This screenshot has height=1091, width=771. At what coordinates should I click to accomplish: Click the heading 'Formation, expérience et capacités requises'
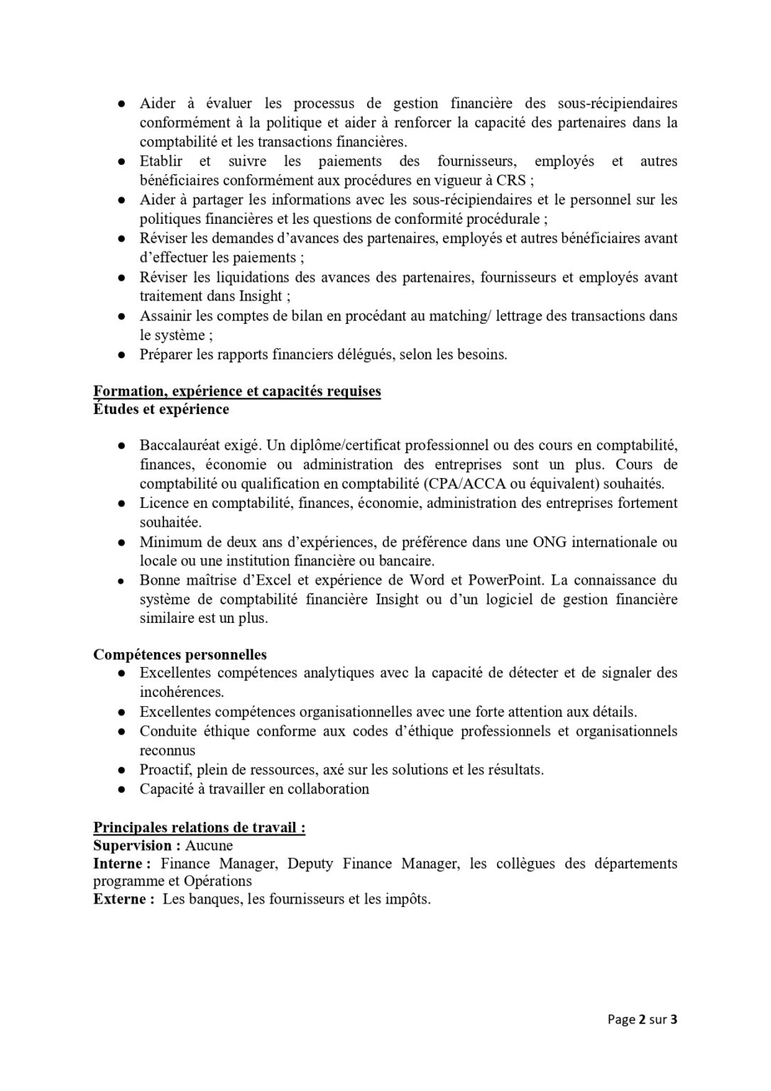click(237, 391)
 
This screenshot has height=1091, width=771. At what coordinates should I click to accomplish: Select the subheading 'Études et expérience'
click(161, 409)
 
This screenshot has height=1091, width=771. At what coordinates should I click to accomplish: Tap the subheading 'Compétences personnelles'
click(180, 655)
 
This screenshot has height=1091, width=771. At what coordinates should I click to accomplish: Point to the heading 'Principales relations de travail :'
click(199, 827)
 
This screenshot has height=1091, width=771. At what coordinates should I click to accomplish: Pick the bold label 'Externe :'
click(124, 899)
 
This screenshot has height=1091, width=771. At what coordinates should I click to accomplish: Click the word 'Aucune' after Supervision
click(209, 846)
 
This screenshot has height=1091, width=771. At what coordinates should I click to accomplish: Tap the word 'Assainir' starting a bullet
click(164, 316)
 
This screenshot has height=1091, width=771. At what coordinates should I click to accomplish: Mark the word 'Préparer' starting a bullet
click(167, 354)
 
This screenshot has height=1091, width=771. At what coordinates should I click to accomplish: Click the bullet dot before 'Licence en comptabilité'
click(122, 504)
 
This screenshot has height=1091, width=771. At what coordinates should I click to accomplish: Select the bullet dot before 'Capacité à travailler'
click(122, 789)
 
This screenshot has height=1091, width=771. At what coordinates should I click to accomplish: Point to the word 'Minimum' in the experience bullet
click(168, 542)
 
